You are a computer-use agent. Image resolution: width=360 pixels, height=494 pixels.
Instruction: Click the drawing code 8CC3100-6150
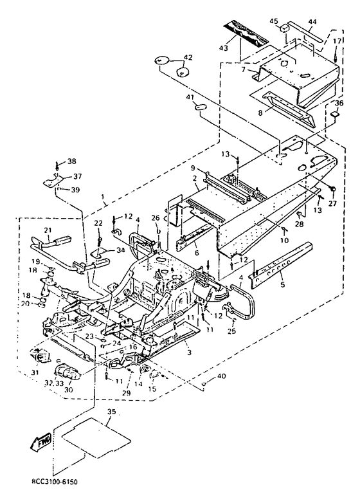tap(55, 482)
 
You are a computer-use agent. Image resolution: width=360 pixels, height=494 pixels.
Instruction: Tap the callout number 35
tap(111, 412)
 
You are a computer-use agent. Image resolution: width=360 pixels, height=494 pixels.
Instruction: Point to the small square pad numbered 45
tap(285, 28)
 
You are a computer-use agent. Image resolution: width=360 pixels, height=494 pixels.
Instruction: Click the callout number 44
tap(312, 22)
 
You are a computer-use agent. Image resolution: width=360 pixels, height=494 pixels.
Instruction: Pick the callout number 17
tap(337, 41)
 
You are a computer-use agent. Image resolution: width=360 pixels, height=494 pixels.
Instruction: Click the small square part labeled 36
tap(336, 114)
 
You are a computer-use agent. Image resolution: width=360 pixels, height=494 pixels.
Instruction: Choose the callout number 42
tap(188, 57)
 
